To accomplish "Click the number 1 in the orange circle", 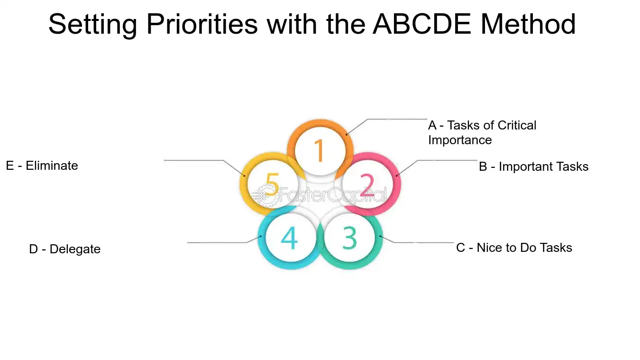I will [320, 150].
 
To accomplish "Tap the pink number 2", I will [367, 185].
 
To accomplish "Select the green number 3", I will [349, 238].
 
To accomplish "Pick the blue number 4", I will [289, 238].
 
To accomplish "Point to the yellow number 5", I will [272, 184].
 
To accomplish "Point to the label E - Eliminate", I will [42, 166].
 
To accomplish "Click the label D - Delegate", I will [64, 249].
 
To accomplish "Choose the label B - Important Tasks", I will [533, 166].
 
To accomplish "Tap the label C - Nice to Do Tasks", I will [514, 248].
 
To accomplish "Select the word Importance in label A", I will [460, 140].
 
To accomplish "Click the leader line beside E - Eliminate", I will [194, 160].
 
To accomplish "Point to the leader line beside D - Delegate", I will [218, 242].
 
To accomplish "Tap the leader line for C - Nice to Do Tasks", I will [422, 242].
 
